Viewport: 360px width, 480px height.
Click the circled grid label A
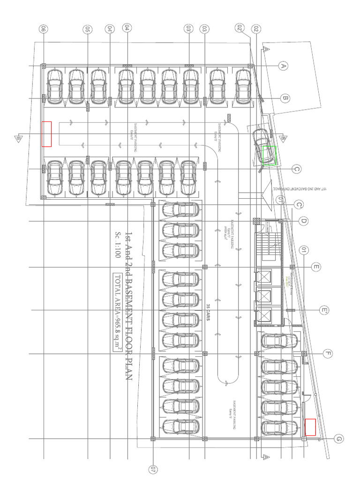click(x=283, y=66)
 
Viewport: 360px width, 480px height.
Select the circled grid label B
click(x=285, y=98)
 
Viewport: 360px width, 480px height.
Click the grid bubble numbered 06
click(x=44, y=29)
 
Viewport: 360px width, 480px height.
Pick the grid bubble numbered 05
click(x=88, y=29)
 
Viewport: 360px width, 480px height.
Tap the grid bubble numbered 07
click(x=153, y=469)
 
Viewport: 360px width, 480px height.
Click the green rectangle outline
click(x=269, y=156)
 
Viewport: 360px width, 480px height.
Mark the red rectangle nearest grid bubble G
click(x=310, y=427)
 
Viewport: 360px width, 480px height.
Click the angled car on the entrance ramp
click(x=261, y=146)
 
